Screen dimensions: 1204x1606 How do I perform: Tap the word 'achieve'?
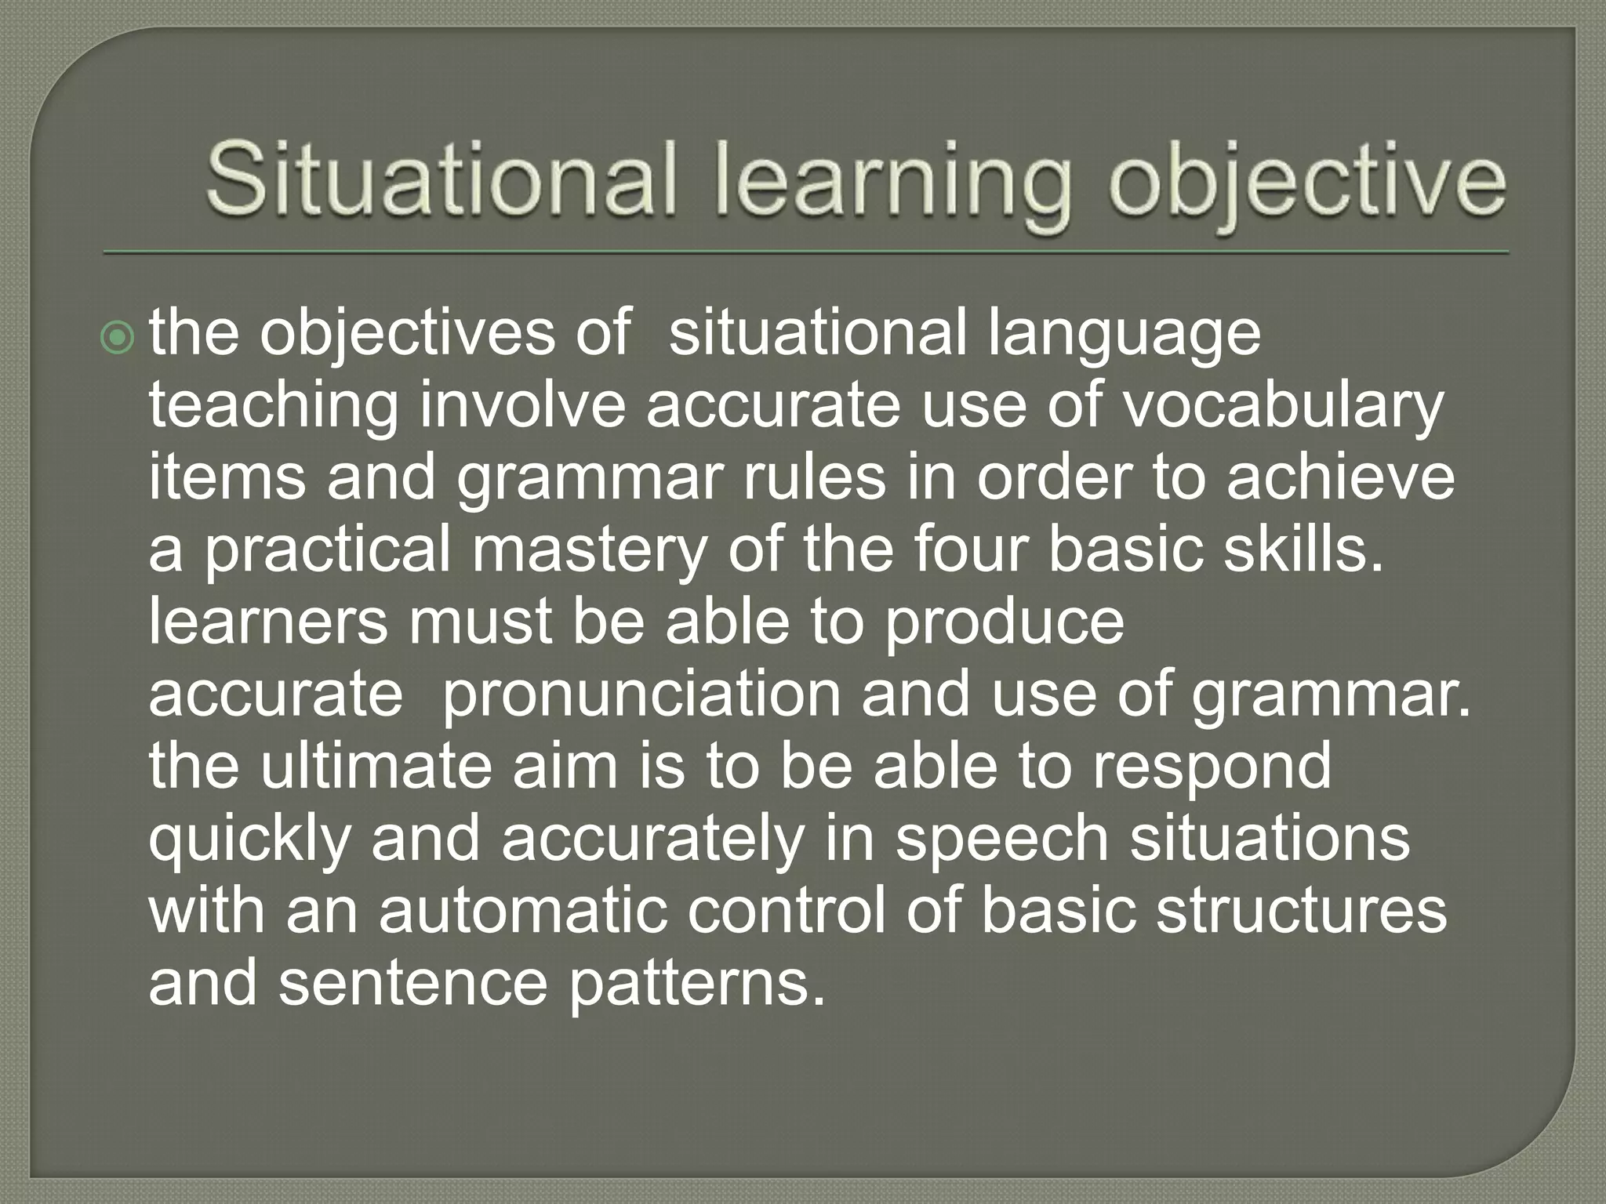[x=1340, y=478]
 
